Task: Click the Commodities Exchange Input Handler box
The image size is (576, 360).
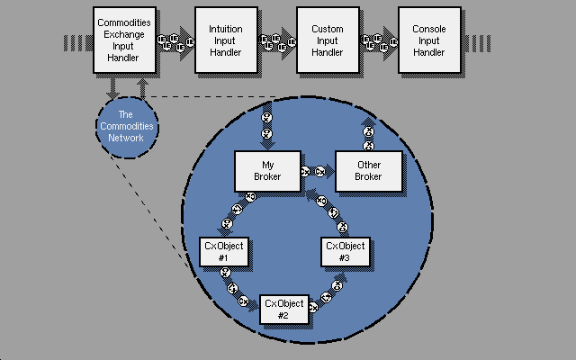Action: pyautogui.click(x=123, y=40)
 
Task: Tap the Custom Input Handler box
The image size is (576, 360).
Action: pyautogui.click(x=327, y=40)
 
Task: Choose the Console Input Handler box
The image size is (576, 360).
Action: pyautogui.click(x=428, y=40)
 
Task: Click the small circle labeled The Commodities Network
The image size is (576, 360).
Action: pyautogui.click(x=125, y=127)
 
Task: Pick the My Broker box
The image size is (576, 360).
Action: pyautogui.click(x=266, y=170)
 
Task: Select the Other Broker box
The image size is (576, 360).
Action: pyautogui.click(x=368, y=171)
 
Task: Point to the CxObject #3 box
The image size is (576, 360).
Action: pyautogui.click(x=344, y=252)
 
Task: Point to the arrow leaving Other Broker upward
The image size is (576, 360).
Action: pyautogui.click(x=367, y=131)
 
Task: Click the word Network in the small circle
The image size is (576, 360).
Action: pyautogui.click(x=125, y=139)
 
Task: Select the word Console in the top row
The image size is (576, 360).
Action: pyautogui.click(x=428, y=30)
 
